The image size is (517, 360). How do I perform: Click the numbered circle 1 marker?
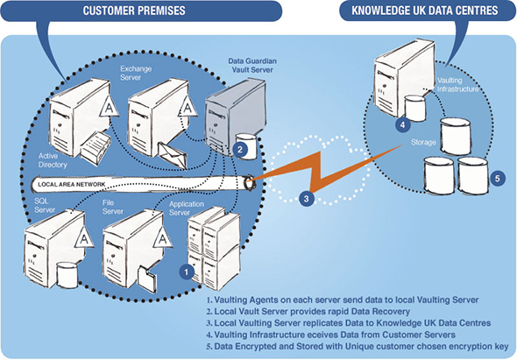click(x=187, y=272)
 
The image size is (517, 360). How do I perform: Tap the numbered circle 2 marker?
click(x=240, y=150)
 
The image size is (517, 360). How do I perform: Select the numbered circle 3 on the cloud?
click(x=307, y=199)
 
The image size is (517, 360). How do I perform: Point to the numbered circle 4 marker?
click(x=402, y=125)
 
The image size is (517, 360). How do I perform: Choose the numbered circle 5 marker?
click(x=497, y=179)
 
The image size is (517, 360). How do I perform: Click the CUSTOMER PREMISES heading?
click(x=134, y=11)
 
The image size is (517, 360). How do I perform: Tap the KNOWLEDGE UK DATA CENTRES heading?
click(x=425, y=11)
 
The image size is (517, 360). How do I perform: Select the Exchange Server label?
click(x=136, y=73)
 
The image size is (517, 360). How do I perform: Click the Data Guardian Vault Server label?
click(x=252, y=66)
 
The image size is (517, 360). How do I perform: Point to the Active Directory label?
click(x=53, y=160)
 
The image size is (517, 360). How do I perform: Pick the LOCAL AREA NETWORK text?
click(x=72, y=184)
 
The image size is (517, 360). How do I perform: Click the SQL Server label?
click(x=45, y=205)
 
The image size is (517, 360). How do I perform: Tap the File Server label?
click(x=113, y=207)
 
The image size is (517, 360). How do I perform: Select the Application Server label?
click(x=187, y=208)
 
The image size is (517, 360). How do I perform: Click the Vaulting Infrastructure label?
click(x=457, y=85)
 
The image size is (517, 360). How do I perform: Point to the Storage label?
click(x=423, y=143)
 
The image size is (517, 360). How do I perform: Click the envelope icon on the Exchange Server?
click(x=173, y=156)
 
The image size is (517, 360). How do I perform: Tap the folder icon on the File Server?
click(x=147, y=278)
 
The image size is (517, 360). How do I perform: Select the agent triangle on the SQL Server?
click(x=84, y=237)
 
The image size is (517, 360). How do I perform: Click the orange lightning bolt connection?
click(x=325, y=174)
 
